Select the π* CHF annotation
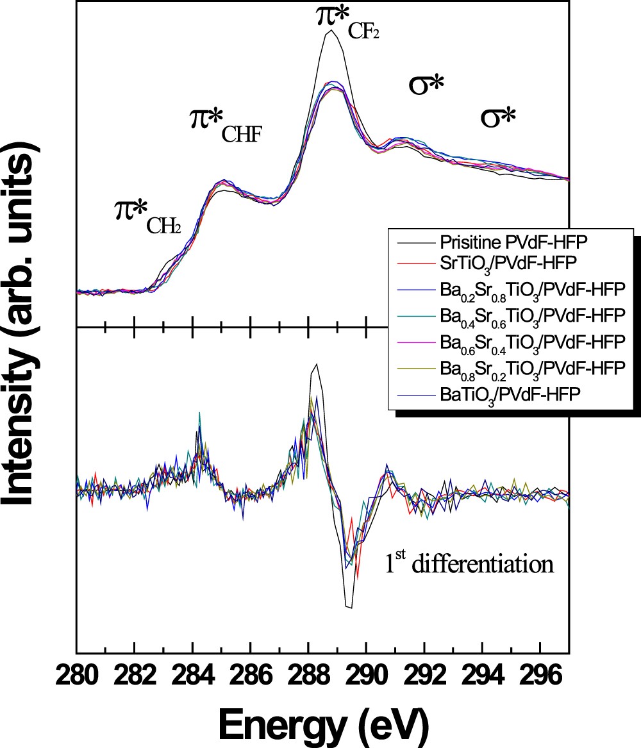(226, 124)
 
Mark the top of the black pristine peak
(330, 30)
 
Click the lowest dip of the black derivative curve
(348, 607)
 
